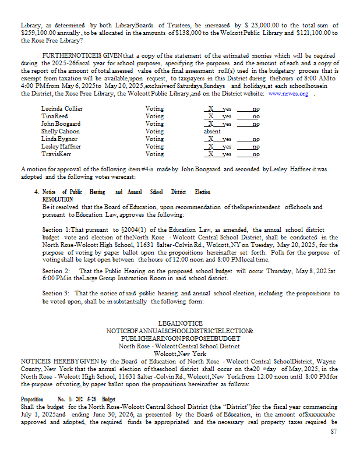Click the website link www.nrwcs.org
[288, 93]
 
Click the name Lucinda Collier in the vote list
[62, 109]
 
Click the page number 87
[334, 431]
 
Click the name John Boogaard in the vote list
[62, 124]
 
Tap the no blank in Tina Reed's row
[252, 116]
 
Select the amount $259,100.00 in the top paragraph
[37, 33]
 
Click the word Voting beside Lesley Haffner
[154, 147]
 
